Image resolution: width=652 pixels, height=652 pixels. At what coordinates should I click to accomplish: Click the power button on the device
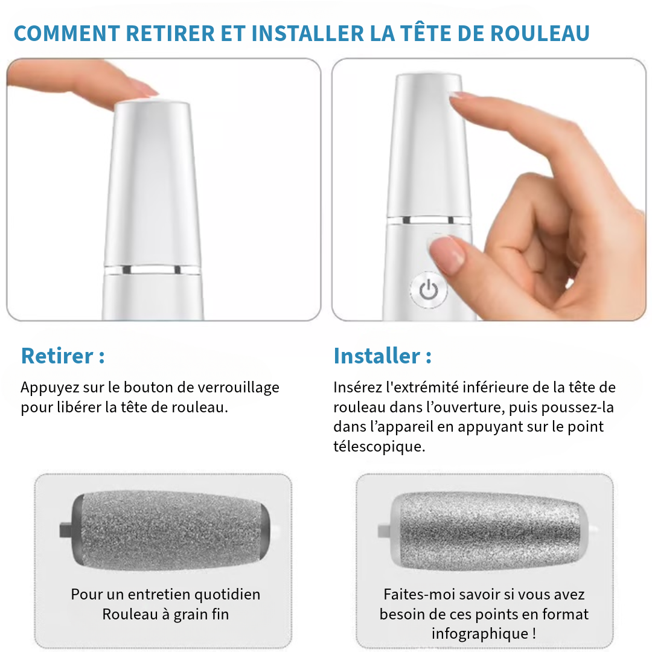(x=428, y=290)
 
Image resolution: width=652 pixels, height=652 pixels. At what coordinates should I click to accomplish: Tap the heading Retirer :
(x=63, y=356)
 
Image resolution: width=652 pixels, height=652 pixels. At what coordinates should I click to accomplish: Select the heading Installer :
(x=382, y=356)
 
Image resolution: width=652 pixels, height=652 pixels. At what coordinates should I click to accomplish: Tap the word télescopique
(x=379, y=446)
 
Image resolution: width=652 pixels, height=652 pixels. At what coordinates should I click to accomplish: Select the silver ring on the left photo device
(x=152, y=269)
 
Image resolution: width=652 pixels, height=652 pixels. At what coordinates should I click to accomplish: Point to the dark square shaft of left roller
(x=65, y=531)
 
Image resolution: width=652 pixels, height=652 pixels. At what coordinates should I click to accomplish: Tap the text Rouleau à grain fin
(x=165, y=615)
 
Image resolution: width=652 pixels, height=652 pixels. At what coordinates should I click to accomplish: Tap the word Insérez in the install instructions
(x=357, y=388)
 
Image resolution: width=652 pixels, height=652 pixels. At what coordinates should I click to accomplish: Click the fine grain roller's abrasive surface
(x=169, y=530)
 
